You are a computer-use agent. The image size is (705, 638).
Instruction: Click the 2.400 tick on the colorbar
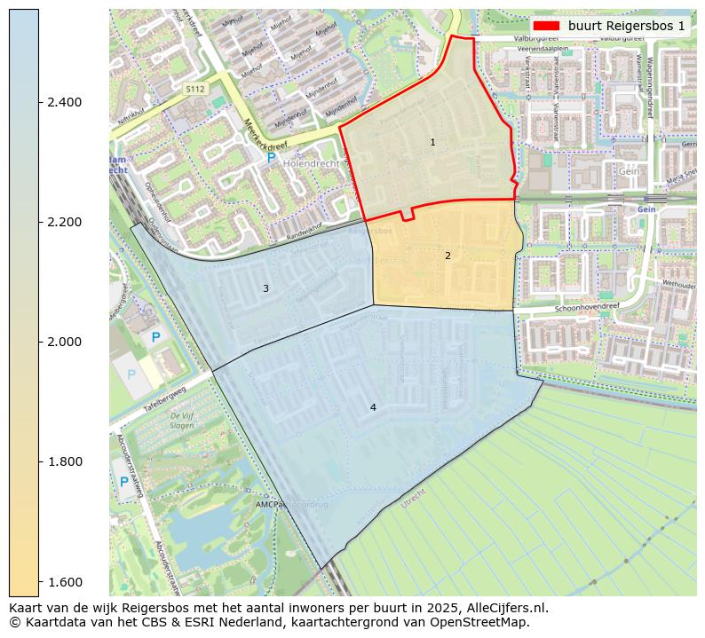point(63,102)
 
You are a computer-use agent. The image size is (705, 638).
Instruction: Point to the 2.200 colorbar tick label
point(63,222)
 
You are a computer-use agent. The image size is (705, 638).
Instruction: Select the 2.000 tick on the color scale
point(63,342)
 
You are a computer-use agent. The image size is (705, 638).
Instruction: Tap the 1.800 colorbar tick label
point(63,461)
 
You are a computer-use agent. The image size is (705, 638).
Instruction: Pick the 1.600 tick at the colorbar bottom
point(63,581)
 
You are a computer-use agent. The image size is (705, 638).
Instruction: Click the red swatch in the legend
point(547,26)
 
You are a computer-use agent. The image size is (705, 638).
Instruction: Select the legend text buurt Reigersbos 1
point(627,26)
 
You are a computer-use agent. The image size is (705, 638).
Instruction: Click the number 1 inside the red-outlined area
point(432,142)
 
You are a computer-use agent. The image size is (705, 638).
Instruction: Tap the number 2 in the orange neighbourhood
point(448,256)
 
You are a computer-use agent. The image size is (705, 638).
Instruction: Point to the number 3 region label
point(265,288)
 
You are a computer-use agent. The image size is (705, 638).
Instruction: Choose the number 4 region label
point(373,407)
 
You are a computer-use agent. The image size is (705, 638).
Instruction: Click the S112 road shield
point(195,90)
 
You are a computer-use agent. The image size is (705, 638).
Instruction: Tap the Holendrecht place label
point(312,164)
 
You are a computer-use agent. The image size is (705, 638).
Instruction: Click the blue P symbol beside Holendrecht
point(271,157)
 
